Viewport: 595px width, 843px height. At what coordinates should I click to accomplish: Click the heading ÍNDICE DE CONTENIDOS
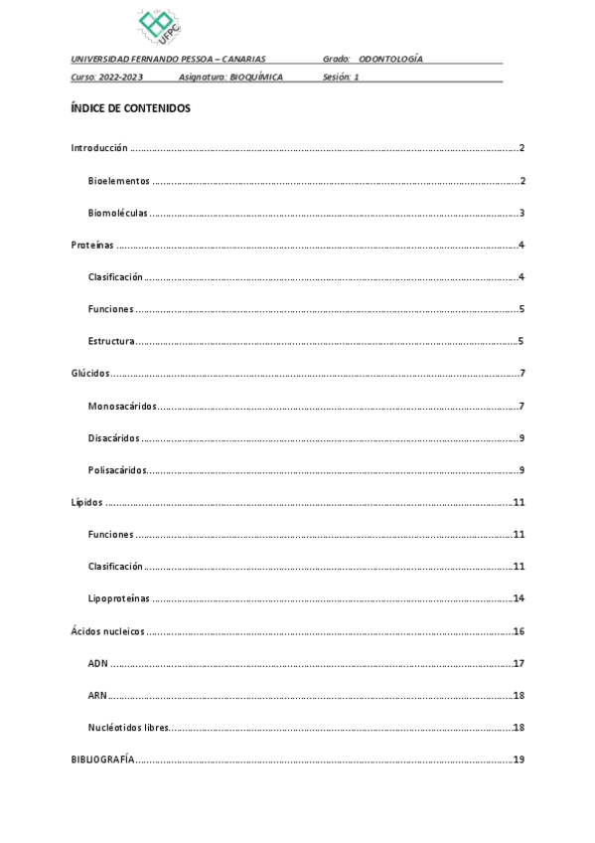click(x=130, y=108)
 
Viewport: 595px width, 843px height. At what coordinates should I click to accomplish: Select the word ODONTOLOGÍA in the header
click(x=390, y=60)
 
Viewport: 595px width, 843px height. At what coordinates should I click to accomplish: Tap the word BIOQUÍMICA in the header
click(x=256, y=77)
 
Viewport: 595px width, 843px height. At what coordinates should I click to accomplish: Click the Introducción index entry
click(x=99, y=148)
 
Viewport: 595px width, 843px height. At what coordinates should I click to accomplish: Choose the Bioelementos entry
click(x=118, y=181)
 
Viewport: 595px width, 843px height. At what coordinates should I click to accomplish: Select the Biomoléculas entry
click(x=118, y=213)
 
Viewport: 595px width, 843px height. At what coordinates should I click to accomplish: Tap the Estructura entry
click(x=111, y=342)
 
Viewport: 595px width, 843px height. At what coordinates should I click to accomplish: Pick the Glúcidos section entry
click(x=90, y=374)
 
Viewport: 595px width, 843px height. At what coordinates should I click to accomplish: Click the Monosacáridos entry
click(x=122, y=407)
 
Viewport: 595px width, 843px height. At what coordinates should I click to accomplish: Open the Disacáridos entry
click(x=113, y=438)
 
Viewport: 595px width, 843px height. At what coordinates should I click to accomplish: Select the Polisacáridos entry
click(x=117, y=470)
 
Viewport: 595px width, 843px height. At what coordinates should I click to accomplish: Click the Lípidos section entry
click(x=86, y=503)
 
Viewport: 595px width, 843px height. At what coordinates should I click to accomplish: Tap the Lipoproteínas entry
click(x=118, y=598)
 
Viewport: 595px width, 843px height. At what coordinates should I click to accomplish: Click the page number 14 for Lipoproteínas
click(x=519, y=598)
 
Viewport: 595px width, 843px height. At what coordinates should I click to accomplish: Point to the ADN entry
click(x=97, y=663)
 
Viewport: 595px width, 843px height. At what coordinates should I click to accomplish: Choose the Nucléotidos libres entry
click(x=128, y=728)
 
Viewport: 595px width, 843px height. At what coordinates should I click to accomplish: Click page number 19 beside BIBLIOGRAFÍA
click(x=519, y=759)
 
